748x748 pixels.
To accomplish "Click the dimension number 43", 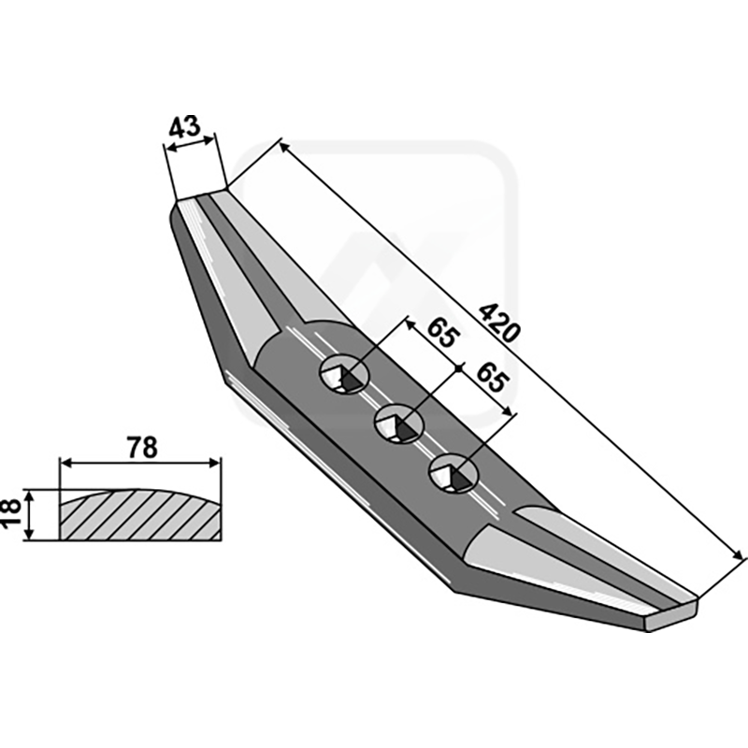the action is click(x=184, y=127).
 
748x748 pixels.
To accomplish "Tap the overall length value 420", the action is click(x=499, y=323).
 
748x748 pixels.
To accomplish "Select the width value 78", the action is click(x=143, y=448).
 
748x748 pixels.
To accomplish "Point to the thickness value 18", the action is click(x=12, y=513).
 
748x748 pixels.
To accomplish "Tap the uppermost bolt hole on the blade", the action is click(x=344, y=373).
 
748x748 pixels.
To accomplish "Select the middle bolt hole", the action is click(x=399, y=424).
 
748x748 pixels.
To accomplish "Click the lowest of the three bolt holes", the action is click(x=453, y=473).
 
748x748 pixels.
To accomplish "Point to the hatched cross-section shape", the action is click(x=140, y=515).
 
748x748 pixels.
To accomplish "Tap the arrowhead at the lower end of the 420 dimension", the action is click(x=738, y=554).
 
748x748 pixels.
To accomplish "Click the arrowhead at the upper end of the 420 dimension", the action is click(x=284, y=147).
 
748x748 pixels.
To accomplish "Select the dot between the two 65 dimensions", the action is click(x=458, y=368).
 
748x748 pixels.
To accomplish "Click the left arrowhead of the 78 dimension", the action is click(x=65, y=463).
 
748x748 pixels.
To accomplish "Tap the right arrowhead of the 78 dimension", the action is click(x=215, y=463).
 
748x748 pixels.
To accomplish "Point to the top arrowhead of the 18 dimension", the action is click(x=30, y=496).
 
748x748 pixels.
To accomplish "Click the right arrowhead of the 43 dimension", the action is click(x=209, y=139).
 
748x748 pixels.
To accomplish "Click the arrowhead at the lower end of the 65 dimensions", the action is click(x=507, y=410).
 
